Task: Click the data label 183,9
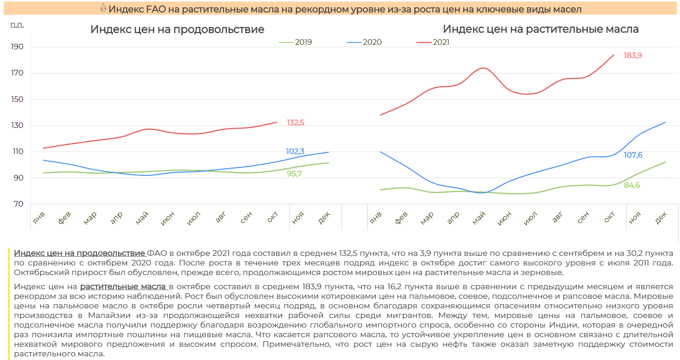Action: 633,55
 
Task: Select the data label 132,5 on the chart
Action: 295,122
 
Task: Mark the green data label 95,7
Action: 294,174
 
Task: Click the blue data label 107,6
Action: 633,155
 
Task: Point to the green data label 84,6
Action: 632,185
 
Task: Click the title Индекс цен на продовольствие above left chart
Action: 177,29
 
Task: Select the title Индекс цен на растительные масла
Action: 541,29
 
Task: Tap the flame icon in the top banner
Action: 103,9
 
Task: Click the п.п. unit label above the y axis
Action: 17,24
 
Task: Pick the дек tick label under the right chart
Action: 661,219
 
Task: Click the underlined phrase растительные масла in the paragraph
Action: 122,286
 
